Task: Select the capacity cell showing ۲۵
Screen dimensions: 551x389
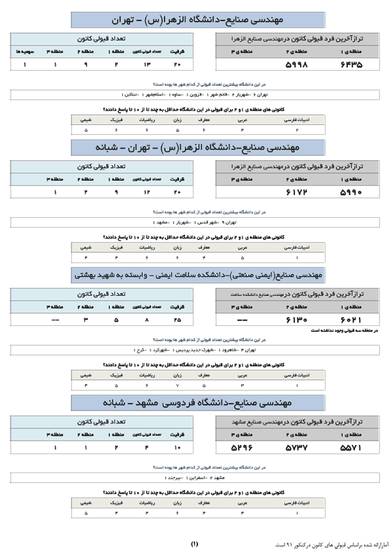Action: (177, 320)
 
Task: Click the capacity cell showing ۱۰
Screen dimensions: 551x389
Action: (177, 447)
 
